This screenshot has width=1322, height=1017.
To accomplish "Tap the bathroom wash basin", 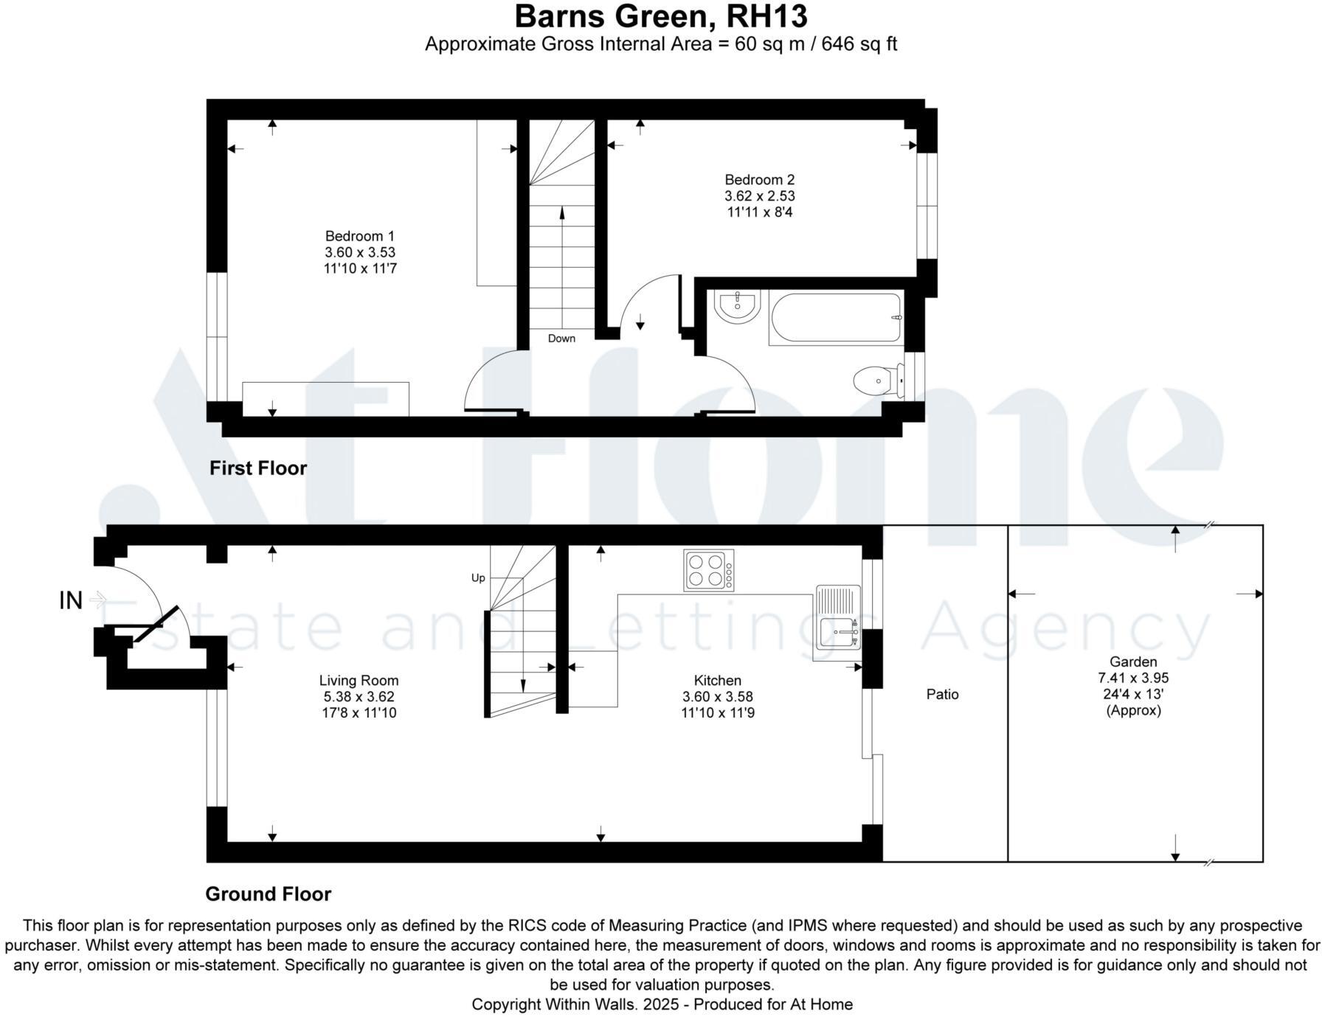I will tap(738, 305).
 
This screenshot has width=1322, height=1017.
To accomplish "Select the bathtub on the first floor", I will tap(835, 318).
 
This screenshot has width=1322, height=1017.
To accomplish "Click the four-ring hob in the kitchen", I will tap(708, 570).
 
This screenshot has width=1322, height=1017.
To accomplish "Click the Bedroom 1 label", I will tap(360, 236).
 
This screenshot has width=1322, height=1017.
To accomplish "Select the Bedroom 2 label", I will tap(759, 179).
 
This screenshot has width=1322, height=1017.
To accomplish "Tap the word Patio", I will tap(942, 694).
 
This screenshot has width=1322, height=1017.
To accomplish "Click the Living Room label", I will tap(359, 680).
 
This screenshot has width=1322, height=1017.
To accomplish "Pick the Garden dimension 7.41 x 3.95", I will tap(1133, 678).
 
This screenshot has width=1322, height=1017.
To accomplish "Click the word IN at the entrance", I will tap(71, 601).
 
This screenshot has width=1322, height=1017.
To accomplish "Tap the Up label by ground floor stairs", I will tap(478, 577).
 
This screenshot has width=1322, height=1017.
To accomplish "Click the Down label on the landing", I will tap(561, 339).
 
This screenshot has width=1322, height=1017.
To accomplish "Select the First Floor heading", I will tap(257, 468).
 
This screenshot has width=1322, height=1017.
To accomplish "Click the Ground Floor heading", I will tap(268, 894).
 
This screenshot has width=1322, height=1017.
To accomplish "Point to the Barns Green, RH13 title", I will tap(660, 16).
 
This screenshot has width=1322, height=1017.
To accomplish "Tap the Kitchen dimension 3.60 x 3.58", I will tap(717, 696).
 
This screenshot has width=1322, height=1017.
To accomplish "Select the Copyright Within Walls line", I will tap(662, 1004).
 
